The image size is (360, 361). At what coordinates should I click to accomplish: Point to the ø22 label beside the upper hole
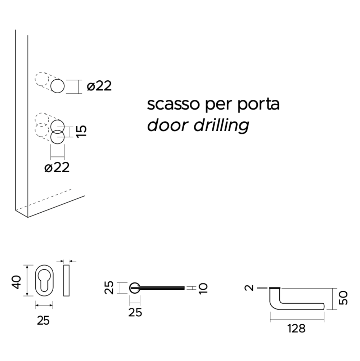click(x=99, y=86)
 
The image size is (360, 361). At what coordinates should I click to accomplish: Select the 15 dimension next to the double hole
click(x=82, y=131)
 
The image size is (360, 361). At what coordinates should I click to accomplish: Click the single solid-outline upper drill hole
click(x=58, y=87)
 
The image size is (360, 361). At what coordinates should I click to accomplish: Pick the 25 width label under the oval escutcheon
click(x=43, y=320)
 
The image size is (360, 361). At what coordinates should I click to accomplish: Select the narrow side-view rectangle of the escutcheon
click(x=66, y=281)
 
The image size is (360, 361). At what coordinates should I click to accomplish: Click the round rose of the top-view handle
click(x=135, y=288)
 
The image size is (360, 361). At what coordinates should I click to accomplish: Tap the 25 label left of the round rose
click(x=111, y=288)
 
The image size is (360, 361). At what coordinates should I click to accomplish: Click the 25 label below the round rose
click(x=135, y=313)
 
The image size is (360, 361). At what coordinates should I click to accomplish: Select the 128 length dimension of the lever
click(x=297, y=329)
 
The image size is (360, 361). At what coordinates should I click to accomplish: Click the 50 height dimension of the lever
click(x=344, y=298)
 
